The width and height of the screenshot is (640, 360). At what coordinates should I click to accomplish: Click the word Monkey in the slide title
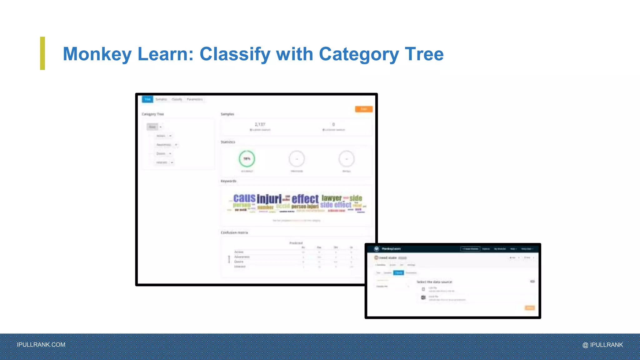[97, 54]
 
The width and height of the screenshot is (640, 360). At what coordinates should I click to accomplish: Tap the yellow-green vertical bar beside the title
[42, 53]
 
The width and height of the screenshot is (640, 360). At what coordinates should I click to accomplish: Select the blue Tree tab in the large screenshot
[147, 99]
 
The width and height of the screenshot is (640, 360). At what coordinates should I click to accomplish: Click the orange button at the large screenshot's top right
[364, 109]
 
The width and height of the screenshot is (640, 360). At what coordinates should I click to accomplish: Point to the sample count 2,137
[260, 124]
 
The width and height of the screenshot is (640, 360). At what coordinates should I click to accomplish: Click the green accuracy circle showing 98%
[247, 159]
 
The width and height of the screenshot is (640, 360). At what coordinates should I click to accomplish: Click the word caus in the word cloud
[244, 198]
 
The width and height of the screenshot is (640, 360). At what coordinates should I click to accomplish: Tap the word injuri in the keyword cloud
[269, 199]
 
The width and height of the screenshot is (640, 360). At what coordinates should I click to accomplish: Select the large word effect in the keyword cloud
[305, 199]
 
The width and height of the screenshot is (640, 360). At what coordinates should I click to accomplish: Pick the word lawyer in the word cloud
[332, 198]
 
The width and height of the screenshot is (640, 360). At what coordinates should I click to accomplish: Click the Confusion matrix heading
[234, 232]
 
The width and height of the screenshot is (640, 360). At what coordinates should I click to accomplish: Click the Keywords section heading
[228, 181]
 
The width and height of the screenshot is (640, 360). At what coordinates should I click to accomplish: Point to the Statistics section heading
[228, 142]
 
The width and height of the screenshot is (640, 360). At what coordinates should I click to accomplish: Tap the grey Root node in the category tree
[152, 127]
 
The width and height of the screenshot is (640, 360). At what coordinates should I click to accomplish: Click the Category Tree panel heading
[152, 114]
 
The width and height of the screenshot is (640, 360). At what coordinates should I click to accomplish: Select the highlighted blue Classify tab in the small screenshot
[398, 273]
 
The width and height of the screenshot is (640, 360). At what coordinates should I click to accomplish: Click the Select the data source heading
[434, 282]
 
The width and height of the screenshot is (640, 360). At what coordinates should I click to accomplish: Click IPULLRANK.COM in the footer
[41, 345]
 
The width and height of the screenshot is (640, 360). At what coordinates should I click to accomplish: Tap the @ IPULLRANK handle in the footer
[602, 345]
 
